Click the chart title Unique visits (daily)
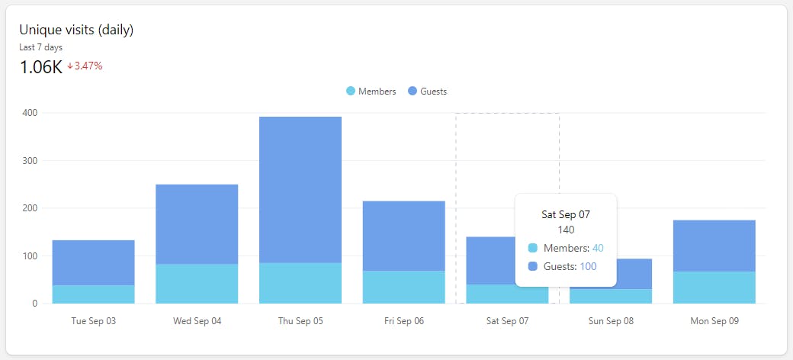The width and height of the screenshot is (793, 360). [76, 30]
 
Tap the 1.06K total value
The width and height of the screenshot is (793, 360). [40, 67]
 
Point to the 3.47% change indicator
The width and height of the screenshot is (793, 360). [85, 66]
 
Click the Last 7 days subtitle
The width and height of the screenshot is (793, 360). [40, 47]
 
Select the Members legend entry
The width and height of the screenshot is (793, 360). [371, 92]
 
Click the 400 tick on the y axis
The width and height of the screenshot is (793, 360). [30, 113]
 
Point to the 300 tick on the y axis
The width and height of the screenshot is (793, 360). [30, 161]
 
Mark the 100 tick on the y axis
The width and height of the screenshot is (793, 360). [30, 256]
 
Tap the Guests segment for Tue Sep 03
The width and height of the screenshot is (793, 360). [93, 262]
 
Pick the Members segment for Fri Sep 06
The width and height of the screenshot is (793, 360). [404, 287]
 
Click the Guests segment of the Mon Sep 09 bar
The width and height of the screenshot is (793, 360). [714, 246]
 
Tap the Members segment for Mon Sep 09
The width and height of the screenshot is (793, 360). [714, 288]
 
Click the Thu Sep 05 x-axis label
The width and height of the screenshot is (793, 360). [300, 321]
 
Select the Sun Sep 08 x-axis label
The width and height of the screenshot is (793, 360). [611, 321]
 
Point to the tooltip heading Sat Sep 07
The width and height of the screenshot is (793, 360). [566, 215]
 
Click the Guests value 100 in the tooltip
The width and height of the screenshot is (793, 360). [588, 266]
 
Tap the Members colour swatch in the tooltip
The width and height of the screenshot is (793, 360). [532, 248]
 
